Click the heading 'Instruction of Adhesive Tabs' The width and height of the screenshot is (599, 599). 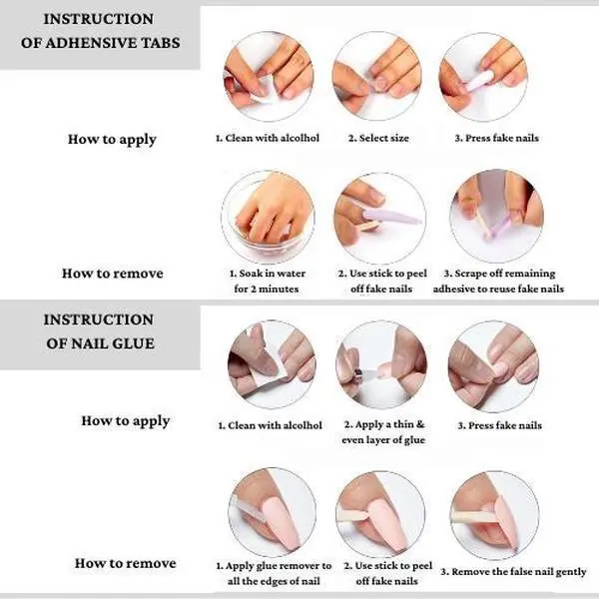pos(100,31)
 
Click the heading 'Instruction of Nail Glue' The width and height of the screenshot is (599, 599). pos(99,331)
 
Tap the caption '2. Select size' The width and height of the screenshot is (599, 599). pos(378,138)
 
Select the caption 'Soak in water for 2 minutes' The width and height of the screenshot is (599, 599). pos(267,281)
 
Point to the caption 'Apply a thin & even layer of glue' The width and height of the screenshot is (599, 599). pos(383,432)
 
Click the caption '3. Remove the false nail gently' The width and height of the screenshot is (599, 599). pos(513,572)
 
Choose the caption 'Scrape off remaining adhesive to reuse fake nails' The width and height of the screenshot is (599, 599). pos(498,281)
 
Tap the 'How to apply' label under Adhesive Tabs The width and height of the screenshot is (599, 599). pos(112,140)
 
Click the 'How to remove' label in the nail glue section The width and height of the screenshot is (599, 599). pos(126,563)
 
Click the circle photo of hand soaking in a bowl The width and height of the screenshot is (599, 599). pos(268,217)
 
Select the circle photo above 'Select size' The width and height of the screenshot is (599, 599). pos(377,76)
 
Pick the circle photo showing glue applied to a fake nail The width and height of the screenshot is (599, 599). pos(381,364)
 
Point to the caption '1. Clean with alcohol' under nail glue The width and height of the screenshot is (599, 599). pos(271,425)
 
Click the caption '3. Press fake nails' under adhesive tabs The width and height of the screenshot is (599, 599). pos(496,138)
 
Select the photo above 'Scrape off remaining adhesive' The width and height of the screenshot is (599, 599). pos(496,217)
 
